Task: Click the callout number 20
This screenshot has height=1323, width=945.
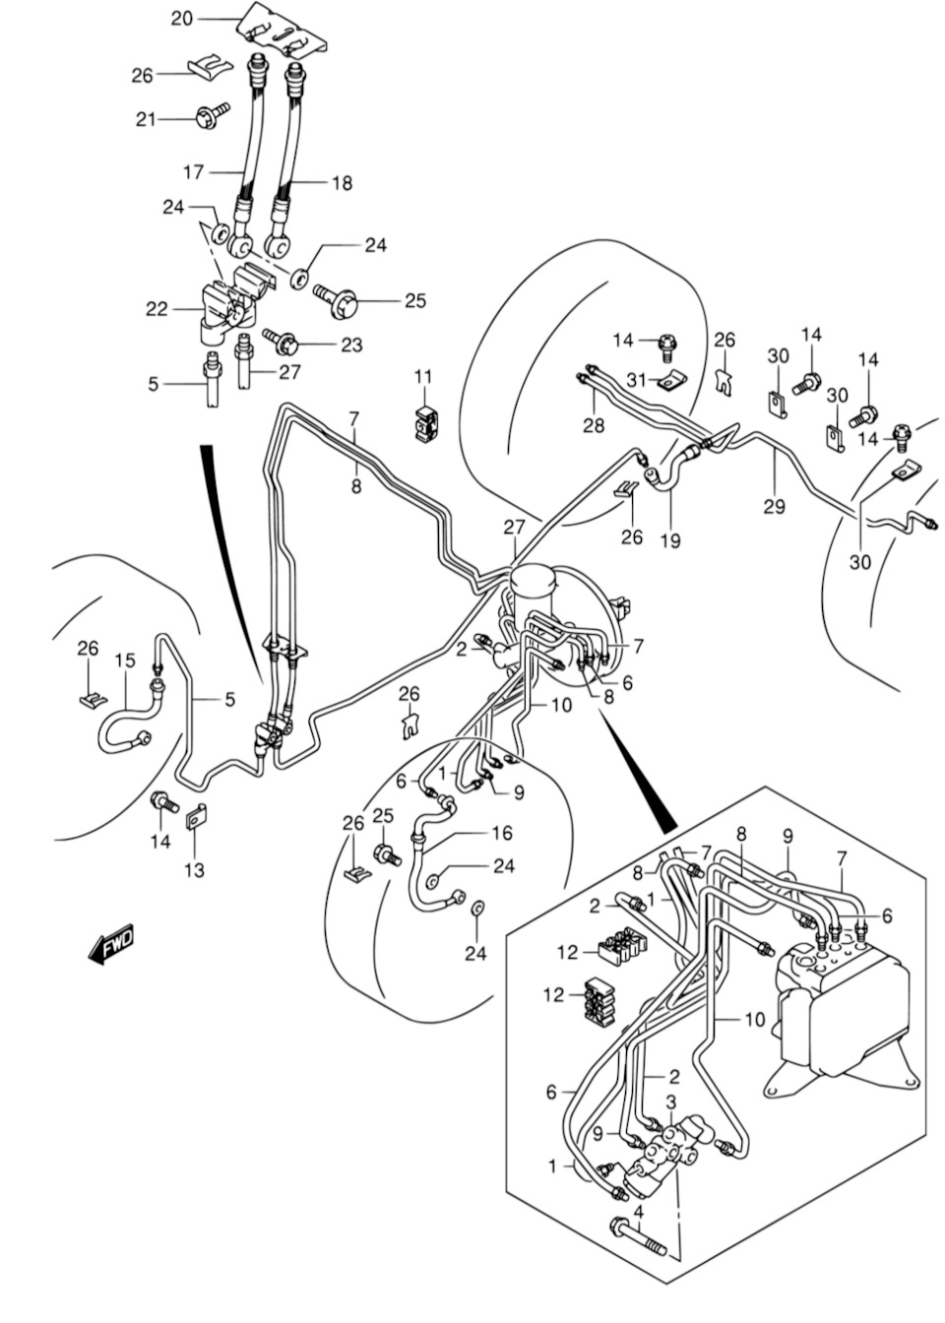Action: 182,18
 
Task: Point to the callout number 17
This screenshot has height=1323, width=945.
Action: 194,172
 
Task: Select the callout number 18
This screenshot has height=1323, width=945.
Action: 341,183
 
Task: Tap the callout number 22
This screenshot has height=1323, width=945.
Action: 157,309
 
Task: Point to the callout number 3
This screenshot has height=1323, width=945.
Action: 669,1102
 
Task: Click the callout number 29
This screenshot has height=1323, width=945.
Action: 775,506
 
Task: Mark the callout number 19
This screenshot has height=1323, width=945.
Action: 672,539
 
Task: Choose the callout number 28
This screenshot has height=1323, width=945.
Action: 593,425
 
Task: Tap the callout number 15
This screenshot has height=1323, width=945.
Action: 124,660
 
